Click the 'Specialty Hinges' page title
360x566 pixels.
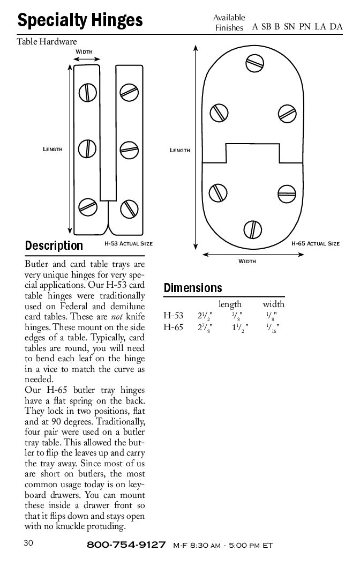coord(80,20)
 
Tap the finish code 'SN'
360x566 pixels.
coord(289,26)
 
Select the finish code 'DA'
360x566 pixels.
coord(336,26)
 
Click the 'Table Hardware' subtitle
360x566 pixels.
coord(47,41)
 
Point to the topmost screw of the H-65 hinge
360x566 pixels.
coord(254,64)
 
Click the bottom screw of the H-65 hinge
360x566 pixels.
coord(252,229)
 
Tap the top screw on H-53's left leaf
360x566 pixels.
coord(88,92)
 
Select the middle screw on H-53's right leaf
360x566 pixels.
coord(129,150)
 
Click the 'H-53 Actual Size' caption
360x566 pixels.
coord(129,244)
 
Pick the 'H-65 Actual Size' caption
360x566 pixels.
coord(316,244)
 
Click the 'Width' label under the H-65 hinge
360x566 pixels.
coord(247,261)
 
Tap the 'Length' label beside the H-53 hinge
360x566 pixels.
coord(52,149)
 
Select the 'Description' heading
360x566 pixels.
coord(54,245)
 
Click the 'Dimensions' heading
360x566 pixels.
coord(193,288)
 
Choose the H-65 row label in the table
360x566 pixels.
coord(173,327)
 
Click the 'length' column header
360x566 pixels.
coord(230,304)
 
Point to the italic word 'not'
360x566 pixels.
coord(117,317)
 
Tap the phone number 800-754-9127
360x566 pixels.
coord(126,545)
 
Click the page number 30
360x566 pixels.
coord(28,543)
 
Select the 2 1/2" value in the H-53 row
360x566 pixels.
coord(205,316)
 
